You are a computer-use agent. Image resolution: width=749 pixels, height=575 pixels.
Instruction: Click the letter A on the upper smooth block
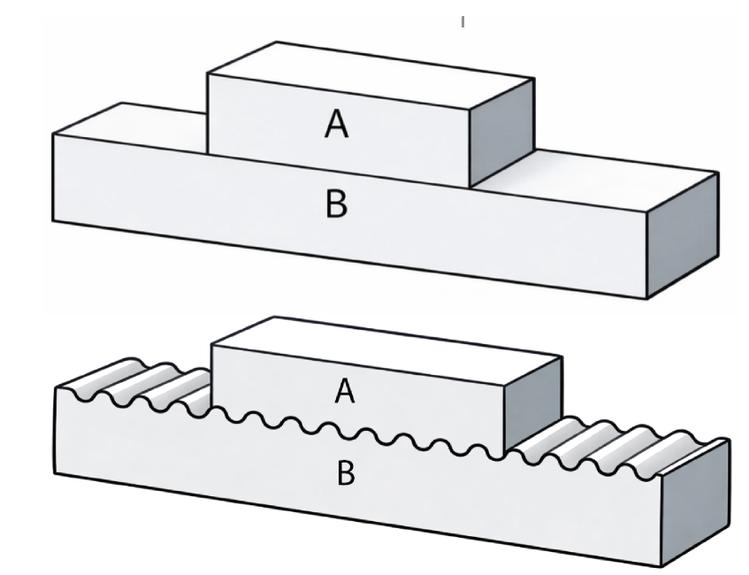coord(336,126)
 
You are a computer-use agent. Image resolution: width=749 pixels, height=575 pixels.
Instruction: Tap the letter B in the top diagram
coord(336,204)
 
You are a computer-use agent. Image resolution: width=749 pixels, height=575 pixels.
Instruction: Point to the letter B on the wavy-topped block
coord(346,473)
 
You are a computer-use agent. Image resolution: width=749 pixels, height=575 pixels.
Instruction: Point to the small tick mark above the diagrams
coord(462,21)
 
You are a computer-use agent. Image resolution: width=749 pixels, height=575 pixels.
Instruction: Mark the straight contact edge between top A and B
coord(336,168)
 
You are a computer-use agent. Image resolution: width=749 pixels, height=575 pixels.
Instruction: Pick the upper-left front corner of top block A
coord(208,74)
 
